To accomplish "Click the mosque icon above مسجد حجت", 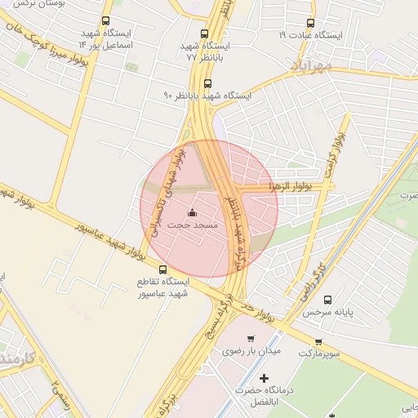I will point(192,213).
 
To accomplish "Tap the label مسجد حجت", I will point(193,225).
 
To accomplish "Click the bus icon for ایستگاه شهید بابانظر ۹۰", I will point(207,83).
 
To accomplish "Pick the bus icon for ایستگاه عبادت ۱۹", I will point(310,24).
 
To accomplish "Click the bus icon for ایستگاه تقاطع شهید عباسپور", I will point(162,269).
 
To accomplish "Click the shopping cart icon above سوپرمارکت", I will point(318,342).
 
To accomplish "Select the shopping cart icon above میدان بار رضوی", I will point(251,339).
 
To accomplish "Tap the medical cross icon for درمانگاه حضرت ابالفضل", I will point(263,379).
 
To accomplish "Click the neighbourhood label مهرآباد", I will point(310,63).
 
